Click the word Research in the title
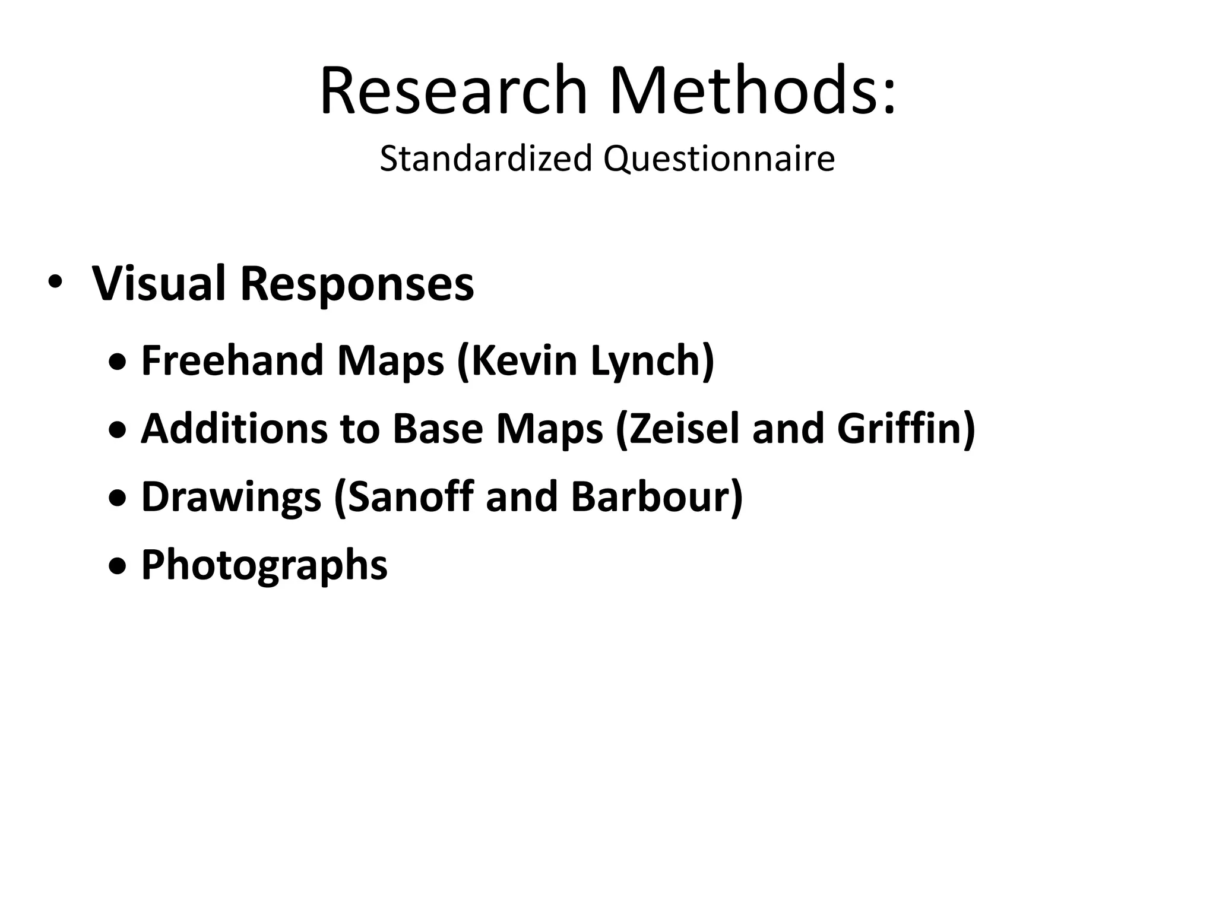[454, 90]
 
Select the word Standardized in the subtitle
[486, 159]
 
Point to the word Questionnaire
[719, 159]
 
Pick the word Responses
[357, 284]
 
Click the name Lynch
[651, 361]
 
